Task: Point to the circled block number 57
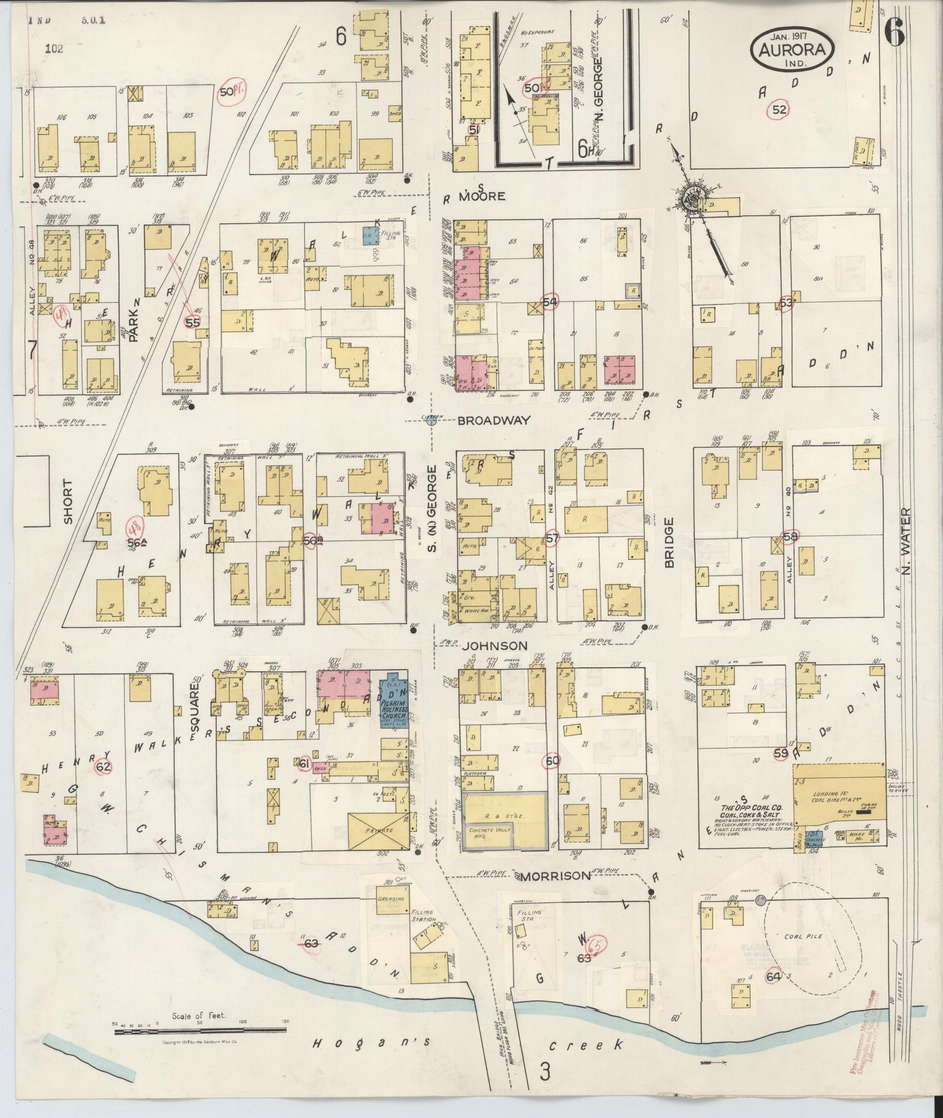(x=551, y=538)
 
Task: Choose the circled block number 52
(x=779, y=110)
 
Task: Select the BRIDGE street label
(x=670, y=542)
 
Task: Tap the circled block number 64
(x=773, y=976)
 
